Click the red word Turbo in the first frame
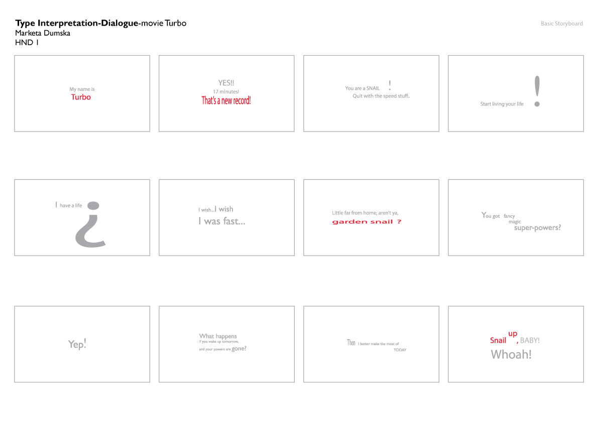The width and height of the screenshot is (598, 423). coord(81,97)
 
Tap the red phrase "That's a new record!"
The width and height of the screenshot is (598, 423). coord(226,100)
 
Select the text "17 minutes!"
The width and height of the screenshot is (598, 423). coord(226,91)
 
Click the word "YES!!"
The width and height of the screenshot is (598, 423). coord(226,83)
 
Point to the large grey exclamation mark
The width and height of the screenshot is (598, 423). coord(537,91)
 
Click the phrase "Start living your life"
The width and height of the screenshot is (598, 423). coord(502,104)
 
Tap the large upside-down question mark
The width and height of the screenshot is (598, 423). coord(91,226)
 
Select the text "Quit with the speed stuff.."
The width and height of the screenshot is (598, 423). coord(381,96)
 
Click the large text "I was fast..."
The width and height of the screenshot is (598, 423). coord(221,221)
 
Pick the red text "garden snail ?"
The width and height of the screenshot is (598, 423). coord(367,222)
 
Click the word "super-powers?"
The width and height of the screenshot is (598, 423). coord(537,228)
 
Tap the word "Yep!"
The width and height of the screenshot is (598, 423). coord(77,344)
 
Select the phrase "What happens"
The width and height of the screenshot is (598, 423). coord(218,336)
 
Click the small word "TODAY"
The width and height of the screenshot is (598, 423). coord(400,350)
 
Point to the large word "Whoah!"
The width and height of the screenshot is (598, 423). coord(511,354)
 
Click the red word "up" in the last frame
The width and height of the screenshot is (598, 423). coord(513,334)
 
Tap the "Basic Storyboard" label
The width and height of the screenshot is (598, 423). coord(561,24)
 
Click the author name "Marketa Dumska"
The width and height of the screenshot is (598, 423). coord(43,33)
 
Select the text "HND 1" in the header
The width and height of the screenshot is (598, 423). coord(27,43)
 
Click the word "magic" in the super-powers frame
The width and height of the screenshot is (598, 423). coord(515,222)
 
